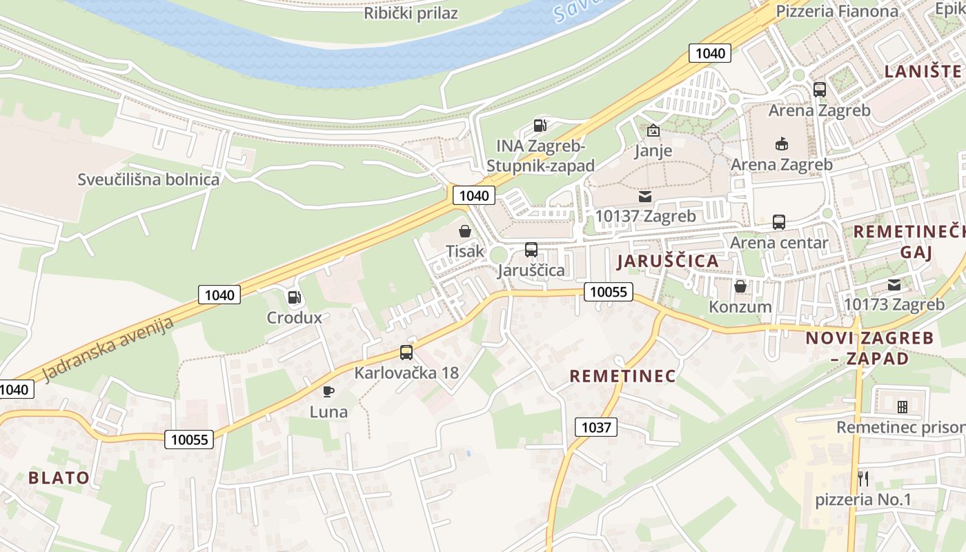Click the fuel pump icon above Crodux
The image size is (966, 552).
pos(294,298)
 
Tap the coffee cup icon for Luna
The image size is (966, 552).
pos(328,392)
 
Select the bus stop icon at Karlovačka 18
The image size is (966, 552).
pos(406,353)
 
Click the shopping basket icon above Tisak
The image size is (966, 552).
pos(465,231)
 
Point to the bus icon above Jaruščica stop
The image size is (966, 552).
pos(531,250)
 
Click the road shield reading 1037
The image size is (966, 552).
pos(596,427)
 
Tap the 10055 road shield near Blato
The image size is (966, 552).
pos(190,440)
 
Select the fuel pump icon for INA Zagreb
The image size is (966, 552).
pos(541,126)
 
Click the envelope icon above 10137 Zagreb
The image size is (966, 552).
pos(645,197)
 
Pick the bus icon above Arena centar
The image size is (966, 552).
pos(779,222)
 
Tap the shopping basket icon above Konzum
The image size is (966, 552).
pos(740,286)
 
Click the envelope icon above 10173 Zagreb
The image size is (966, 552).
pos(894,284)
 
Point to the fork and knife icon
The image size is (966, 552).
pos(863,477)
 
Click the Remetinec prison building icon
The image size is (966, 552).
pos(901,406)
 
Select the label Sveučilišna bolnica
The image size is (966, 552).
pos(148,180)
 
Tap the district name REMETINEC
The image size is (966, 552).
pos(622,376)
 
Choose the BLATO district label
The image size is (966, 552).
pos(59,477)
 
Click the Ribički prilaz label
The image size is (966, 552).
pos(411,13)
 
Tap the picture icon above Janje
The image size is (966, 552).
pos(653,130)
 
